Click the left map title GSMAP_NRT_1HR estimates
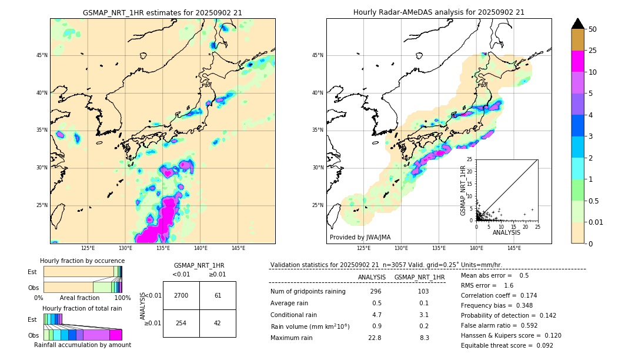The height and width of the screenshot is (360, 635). pos(162,12)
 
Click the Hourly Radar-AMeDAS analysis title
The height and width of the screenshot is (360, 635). pos(439,12)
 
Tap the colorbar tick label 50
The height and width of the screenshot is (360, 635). pos(593,29)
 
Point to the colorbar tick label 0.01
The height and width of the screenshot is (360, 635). pos(596,222)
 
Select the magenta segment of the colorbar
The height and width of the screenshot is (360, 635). pos(578,61)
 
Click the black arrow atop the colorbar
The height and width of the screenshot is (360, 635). pos(578,24)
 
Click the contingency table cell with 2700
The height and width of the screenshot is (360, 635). pos(181,295)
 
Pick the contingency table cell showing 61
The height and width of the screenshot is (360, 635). pos(218,295)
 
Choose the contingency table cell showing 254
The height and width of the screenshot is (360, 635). pos(181,323)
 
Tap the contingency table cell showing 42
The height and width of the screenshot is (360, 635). pos(218,323)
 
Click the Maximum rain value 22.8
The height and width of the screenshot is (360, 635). pos(375,338)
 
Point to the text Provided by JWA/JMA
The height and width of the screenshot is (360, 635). pos(360,237)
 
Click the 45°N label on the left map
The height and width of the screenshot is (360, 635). pos(42,55)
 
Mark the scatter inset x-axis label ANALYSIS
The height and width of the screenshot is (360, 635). pos(506,232)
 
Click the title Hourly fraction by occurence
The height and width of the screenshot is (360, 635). pos(82,261)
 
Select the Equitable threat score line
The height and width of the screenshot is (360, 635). pos(507,345)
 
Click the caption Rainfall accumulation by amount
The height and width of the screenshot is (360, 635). pos(82,345)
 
